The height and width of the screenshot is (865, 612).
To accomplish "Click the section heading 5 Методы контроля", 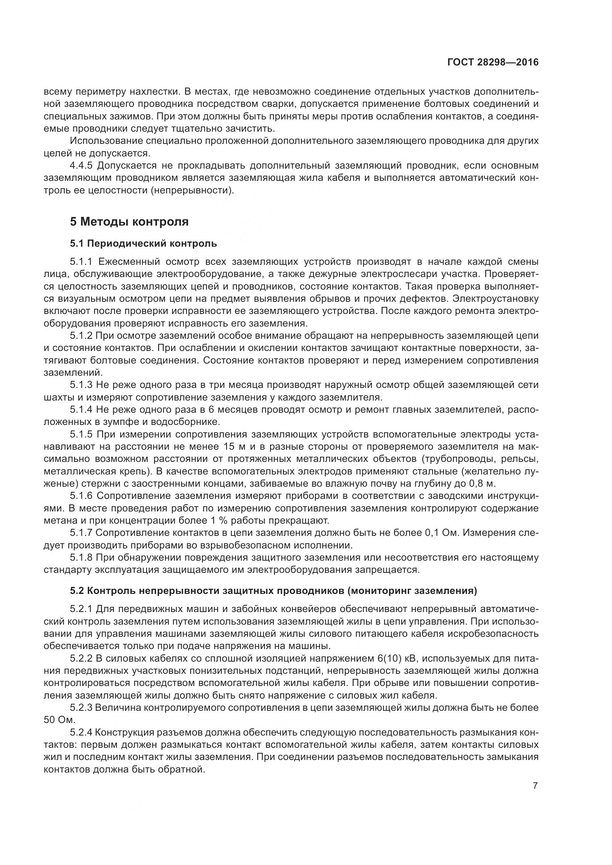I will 129,222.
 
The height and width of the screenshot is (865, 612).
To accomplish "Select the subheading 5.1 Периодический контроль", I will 143,244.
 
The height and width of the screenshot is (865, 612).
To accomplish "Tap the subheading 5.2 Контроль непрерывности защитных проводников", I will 273,591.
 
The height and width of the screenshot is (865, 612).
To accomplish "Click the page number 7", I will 535,786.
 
